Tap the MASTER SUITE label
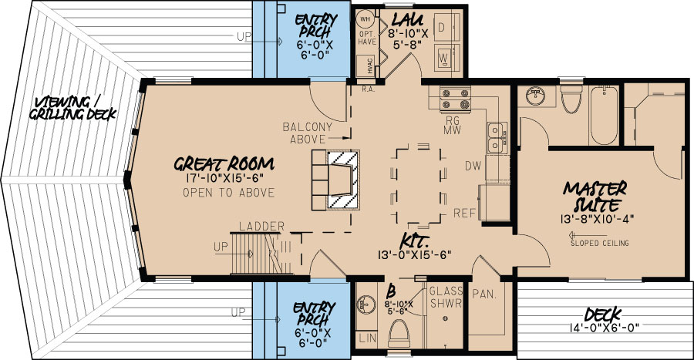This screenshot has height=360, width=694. (x=595, y=197)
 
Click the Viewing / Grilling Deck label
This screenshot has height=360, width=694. (x=73, y=109)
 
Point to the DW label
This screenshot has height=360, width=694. (x=473, y=166)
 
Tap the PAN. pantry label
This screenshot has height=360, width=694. (x=485, y=294)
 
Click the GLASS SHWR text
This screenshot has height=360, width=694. (x=445, y=296)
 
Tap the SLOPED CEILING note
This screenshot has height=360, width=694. (x=600, y=244)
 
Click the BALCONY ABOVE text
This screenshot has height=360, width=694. (x=307, y=133)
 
